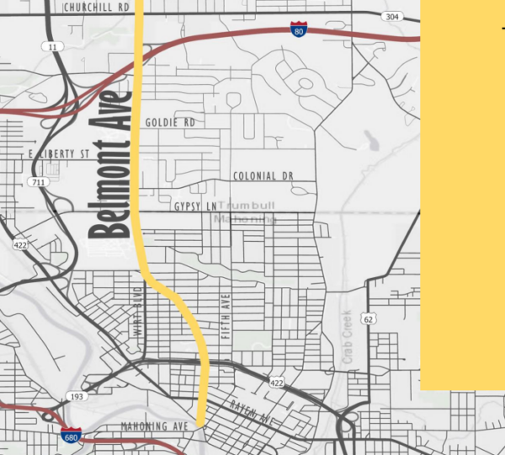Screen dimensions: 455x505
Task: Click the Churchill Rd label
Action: pyautogui.click(x=96, y=7)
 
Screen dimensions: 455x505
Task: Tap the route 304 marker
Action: pyautogui.click(x=390, y=17)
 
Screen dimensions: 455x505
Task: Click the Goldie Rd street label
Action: pyautogui.click(x=169, y=123)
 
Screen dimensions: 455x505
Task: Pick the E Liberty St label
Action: pyautogui.click(x=58, y=154)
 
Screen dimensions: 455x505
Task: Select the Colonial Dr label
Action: pyautogui.click(x=263, y=176)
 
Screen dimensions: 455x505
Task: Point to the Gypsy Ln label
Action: pyautogui.click(x=194, y=206)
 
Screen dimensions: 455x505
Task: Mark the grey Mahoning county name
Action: pyautogui.click(x=244, y=219)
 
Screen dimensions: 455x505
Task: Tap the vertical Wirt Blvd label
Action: pyautogui.click(x=138, y=313)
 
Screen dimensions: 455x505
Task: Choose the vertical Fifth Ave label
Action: pyautogui.click(x=225, y=316)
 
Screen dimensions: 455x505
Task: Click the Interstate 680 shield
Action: pyautogui.click(x=71, y=435)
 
